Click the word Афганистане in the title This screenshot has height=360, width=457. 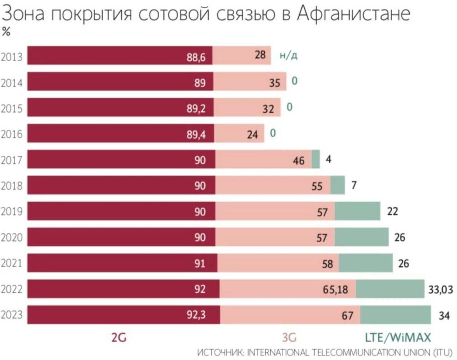click(x=354, y=14)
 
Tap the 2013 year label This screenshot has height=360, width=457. click(x=12, y=57)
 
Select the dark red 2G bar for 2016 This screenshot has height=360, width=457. click(x=114, y=134)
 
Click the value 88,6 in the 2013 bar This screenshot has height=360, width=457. click(x=196, y=57)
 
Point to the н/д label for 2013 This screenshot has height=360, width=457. click(x=288, y=56)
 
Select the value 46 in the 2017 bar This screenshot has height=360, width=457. click(x=299, y=161)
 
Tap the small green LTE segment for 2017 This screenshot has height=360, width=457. click(x=316, y=159)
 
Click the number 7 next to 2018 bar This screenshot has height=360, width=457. click(x=354, y=185)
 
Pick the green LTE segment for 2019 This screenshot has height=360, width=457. click(x=357, y=211)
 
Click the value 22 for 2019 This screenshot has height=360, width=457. click(x=392, y=211)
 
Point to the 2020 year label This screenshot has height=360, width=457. click(x=12, y=238)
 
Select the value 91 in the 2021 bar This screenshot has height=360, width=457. click(x=200, y=263)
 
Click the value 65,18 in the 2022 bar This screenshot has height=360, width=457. click(x=336, y=290)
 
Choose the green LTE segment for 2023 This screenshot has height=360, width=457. click(x=395, y=315)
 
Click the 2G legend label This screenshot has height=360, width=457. click(x=118, y=338)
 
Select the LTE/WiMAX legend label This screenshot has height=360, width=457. click(x=398, y=338)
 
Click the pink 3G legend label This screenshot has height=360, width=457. click(x=289, y=338)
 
